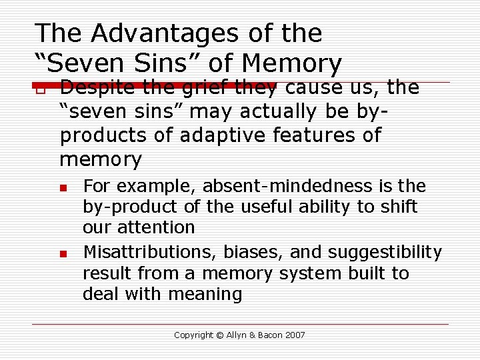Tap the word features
click(x=311, y=135)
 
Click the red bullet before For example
click(x=63, y=187)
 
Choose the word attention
click(x=156, y=227)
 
